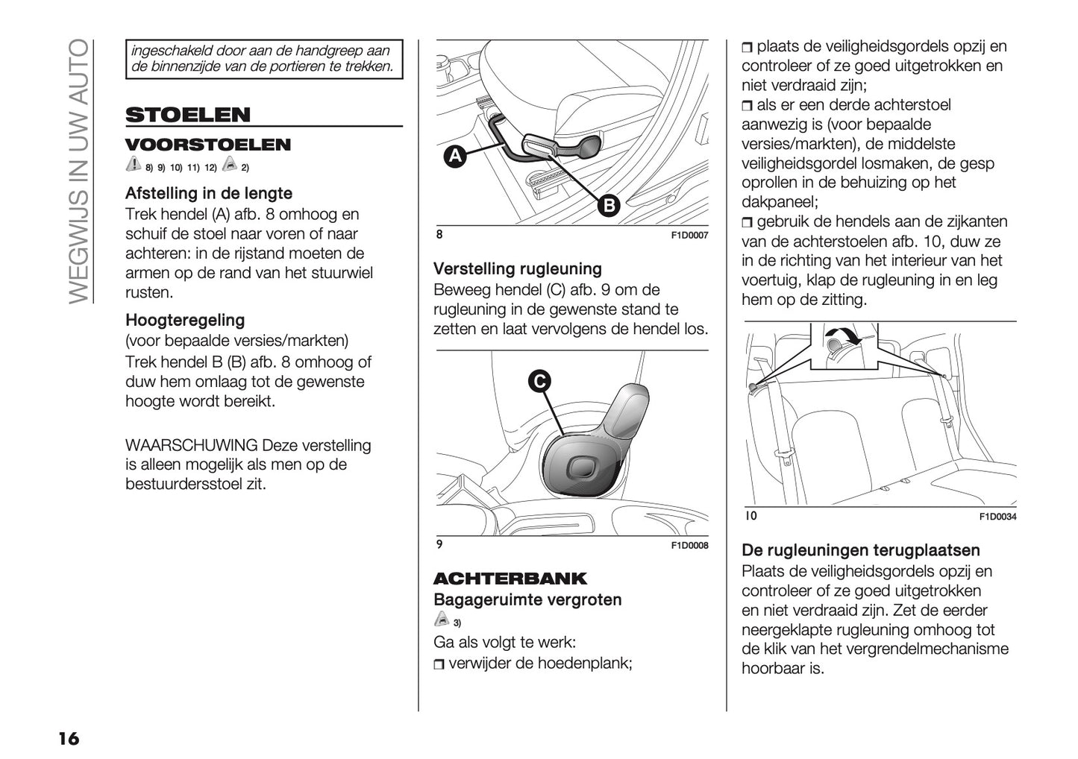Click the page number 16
[x=68, y=738]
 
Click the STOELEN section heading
[x=188, y=115]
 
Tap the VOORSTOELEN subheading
[x=208, y=145]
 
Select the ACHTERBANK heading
[x=510, y=579]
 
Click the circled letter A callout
[x=454, y=157]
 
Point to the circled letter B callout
[x=609, y=205]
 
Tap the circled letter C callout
[x=539, y=381]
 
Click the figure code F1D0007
[x=689, y=236]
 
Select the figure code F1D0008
[x=689, y=546]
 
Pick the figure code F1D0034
[x=997, y=517]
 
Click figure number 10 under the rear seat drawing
[x=750, y=516]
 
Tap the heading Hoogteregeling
[x=185, y=321]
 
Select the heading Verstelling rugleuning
[x=518, y=269]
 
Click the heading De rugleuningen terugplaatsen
[x=860, y=551]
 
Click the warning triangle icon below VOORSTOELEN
[x=133, y=165]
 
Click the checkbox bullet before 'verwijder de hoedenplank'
[x=439, y=664]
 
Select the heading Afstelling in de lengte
[x=209, y=194]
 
